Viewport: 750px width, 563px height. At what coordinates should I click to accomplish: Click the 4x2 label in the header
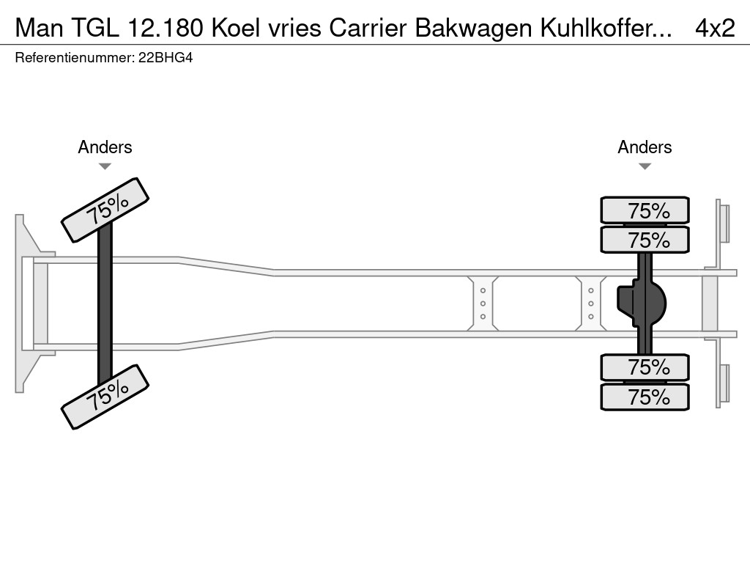[714, 27]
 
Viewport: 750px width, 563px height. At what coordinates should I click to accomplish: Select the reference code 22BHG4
[166, 57]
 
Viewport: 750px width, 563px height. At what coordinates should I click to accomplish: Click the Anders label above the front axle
[105, 147]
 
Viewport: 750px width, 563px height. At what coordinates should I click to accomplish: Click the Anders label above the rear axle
[645, 147]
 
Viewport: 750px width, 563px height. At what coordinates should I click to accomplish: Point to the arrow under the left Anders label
[105, 166]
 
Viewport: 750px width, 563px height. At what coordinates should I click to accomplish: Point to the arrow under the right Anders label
[645, 166]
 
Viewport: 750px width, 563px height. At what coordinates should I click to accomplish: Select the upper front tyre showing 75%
[105, 210]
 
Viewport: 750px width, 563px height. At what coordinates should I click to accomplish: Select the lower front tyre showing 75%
[105, 396]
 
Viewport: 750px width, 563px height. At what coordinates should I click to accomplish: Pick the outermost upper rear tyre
[645, 210]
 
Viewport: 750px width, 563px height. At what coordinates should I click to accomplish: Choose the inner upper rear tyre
[645, 240]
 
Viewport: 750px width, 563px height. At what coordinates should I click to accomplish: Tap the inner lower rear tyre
[645, 367]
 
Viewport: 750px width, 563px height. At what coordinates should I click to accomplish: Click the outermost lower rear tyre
[645, 397]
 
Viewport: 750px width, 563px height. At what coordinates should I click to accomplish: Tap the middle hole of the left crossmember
[483, 303]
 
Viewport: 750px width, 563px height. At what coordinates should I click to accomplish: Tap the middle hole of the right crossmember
[590, 303]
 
